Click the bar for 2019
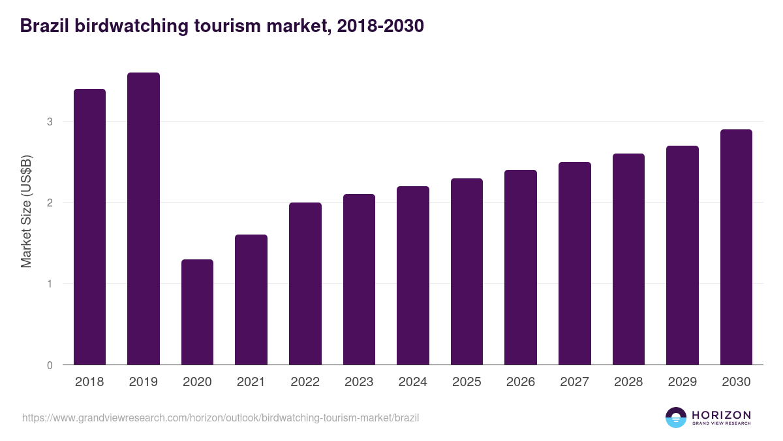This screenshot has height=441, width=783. click(x=144, y=219)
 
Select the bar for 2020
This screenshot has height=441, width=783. click(x=197, y=312)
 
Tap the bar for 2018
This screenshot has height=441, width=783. click(x=89, y=227)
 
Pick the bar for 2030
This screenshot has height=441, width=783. click(x=736, y=247)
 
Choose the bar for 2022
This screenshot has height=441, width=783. click(x=305, y=284)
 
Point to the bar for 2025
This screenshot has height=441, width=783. click(x=467, y=272)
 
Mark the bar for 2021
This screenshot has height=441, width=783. click(x=251, y=300)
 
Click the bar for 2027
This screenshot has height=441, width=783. click(x=575, y=263)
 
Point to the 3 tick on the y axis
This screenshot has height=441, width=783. click(x=50, y=122)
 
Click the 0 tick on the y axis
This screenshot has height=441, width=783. click(x=50, y=365)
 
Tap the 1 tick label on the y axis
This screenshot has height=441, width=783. click(x=50, y=284)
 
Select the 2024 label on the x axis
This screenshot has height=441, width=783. click(x=412, y=382)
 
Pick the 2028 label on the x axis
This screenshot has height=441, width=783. click(x=628, y=382)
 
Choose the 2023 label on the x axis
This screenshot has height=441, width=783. click(x=359, y=382)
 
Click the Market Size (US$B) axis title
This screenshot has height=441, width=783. click(x=27, y=211)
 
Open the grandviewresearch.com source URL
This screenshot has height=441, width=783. click(x=221, y=417)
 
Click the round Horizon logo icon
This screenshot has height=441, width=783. click(x=676, y=417)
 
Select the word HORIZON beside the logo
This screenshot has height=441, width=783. click(x=721, y=415)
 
